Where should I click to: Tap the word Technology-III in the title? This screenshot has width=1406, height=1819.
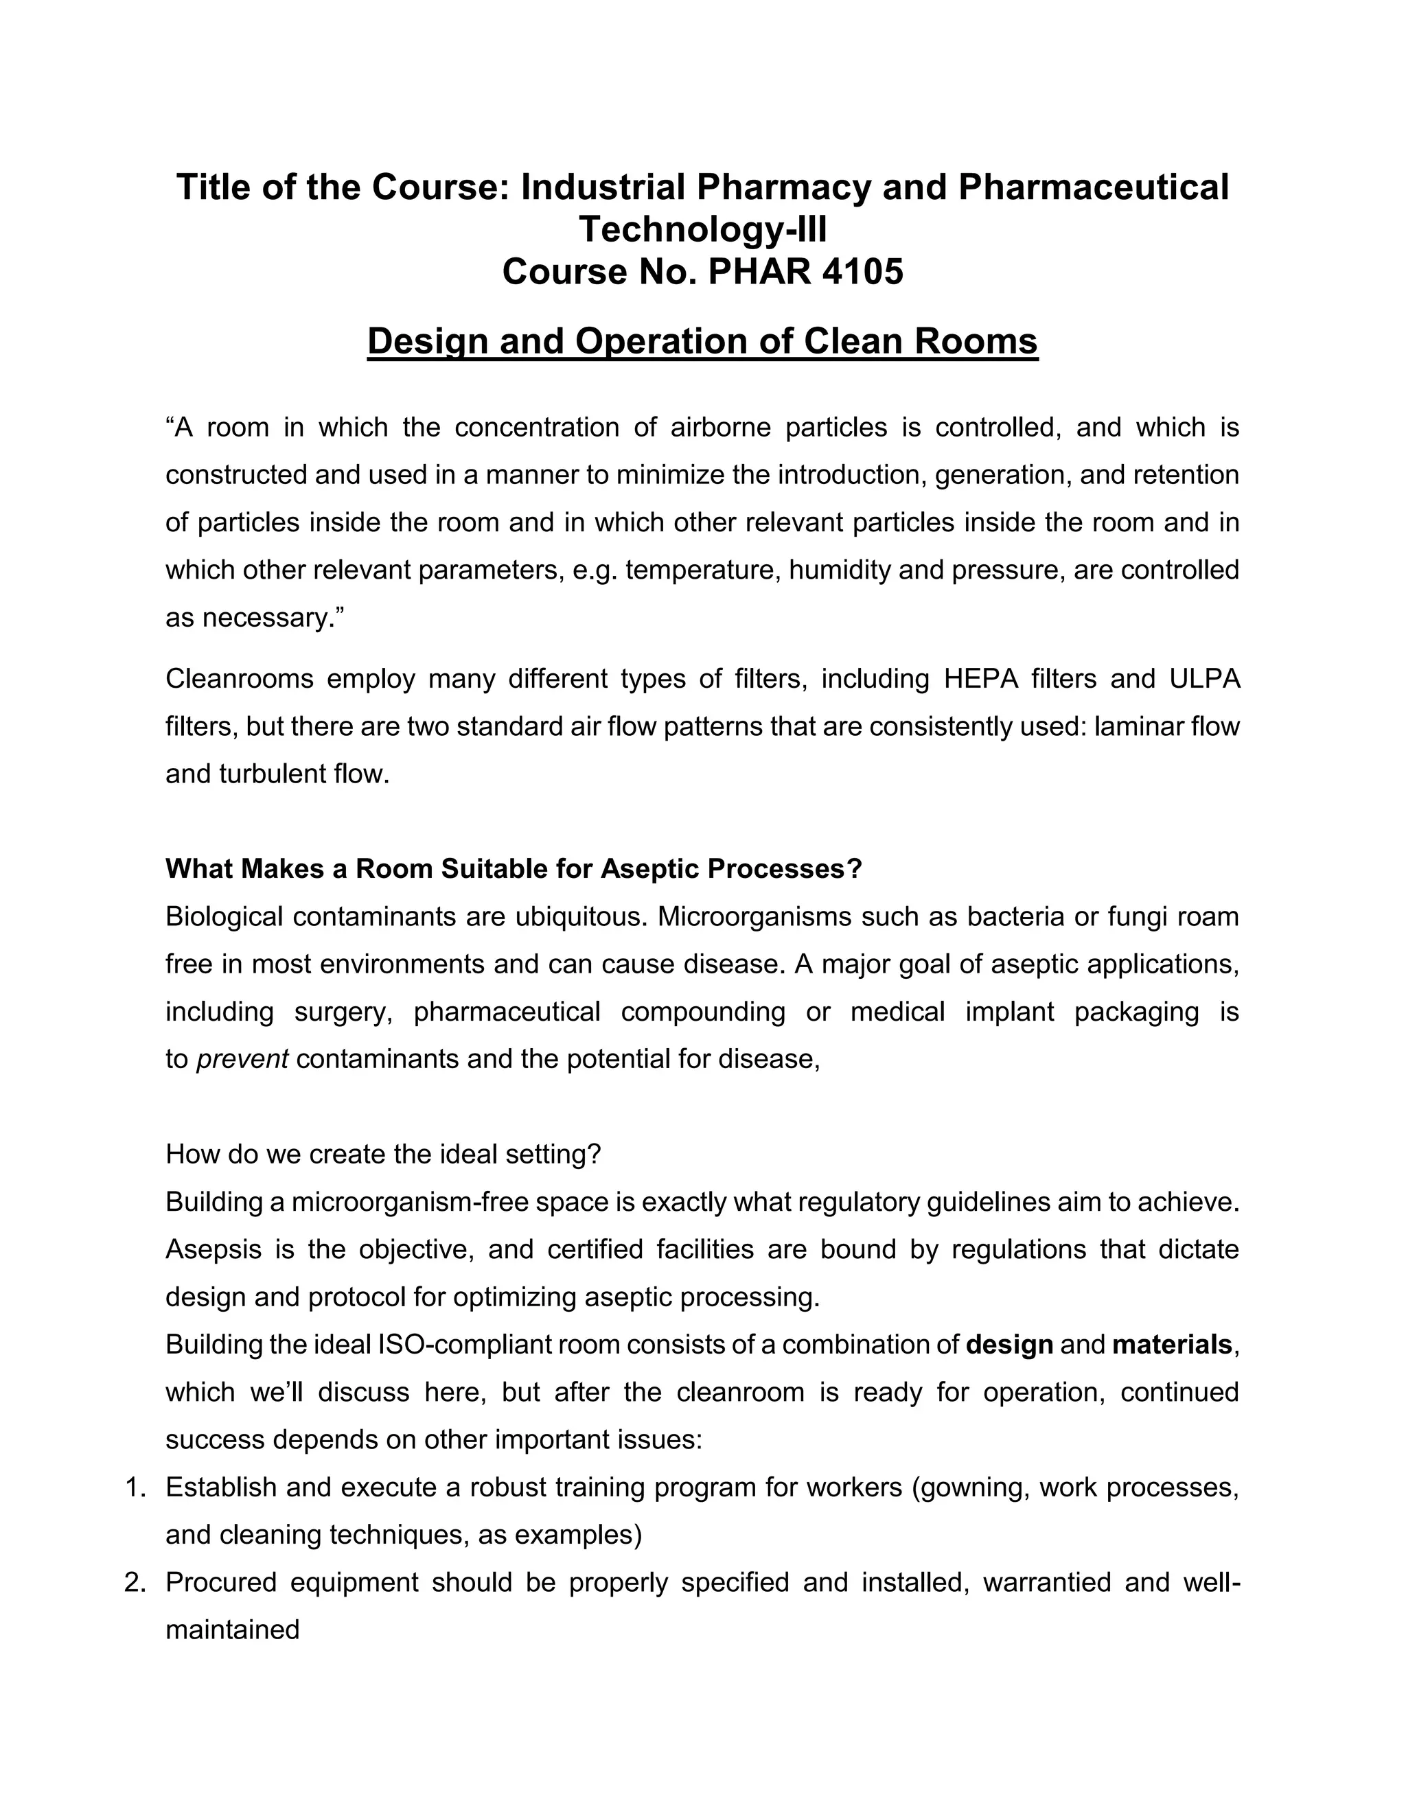pyautogui.click(x=702, y=229)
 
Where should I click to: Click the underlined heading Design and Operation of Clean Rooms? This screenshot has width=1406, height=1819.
pyautogui.click(x=702, y=341)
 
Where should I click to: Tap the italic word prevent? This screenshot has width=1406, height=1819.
pyautogui.click(x=242, y=1059)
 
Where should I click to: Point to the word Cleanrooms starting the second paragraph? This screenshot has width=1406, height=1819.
pyautogui.click(x=239, y=679)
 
